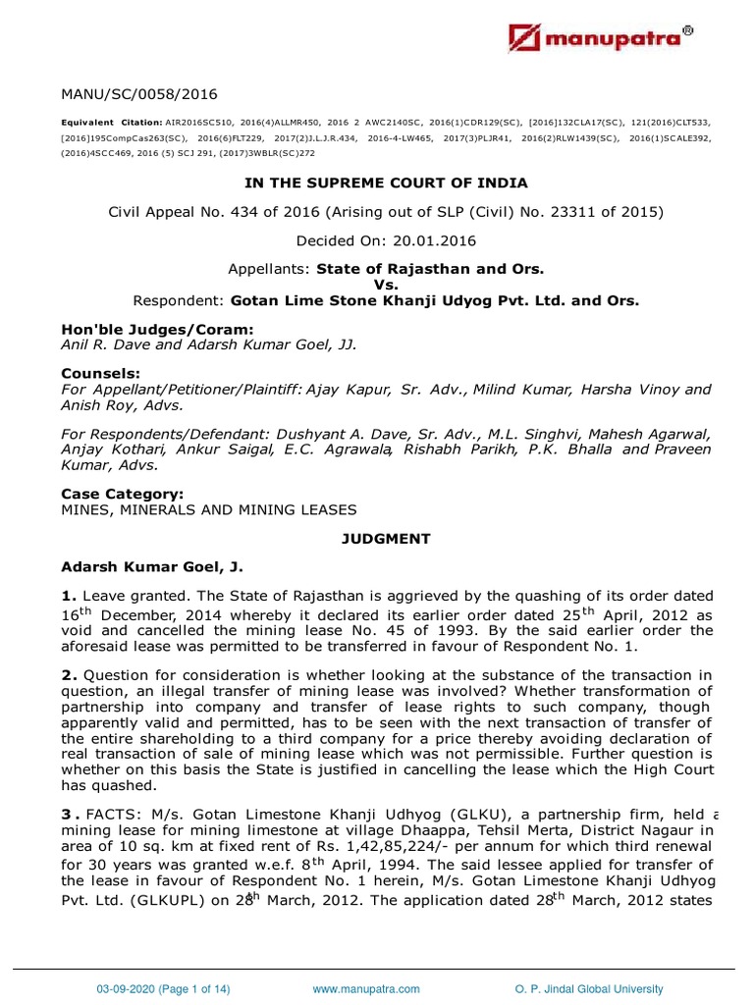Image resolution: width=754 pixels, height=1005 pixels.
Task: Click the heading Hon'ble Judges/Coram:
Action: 143,329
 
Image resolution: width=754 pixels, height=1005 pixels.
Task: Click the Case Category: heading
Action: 122,495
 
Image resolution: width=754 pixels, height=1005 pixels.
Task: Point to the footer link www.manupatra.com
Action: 366,989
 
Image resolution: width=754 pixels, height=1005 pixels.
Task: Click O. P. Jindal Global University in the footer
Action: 588,989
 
